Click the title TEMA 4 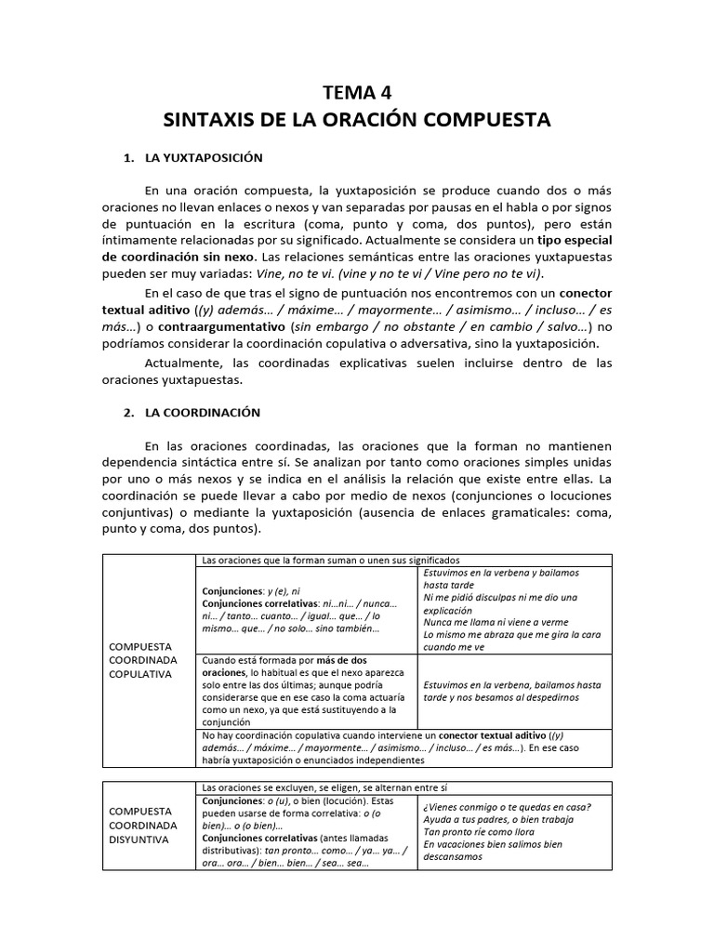357,91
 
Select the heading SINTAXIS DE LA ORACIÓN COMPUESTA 357,120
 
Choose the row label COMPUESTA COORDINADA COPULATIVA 141,659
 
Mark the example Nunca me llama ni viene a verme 496,621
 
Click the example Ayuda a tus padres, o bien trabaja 498,819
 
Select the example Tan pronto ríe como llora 480,832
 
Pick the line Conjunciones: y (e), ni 251,590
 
